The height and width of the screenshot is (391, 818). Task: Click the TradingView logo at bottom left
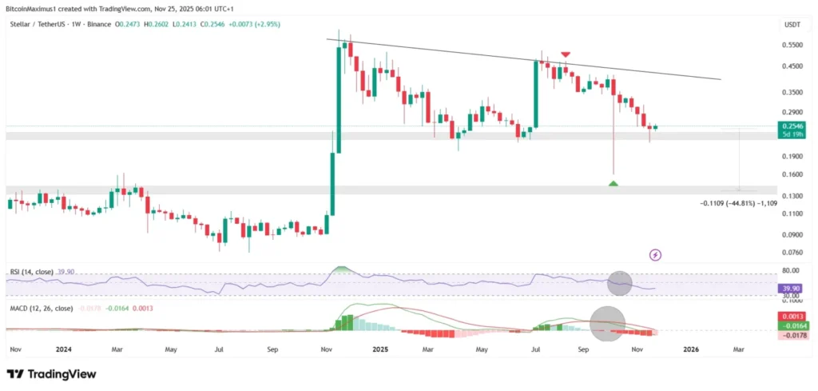click(51, 373)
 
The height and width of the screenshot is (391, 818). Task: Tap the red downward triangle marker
click(566, 54)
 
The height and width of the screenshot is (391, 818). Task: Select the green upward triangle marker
click(613, 183)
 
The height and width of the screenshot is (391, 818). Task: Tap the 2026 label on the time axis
click(691, 349)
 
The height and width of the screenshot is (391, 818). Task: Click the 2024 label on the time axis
click(64, 349)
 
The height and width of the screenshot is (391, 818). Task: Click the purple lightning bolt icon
click(656, 255)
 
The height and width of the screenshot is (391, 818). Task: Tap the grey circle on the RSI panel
click(619, 282)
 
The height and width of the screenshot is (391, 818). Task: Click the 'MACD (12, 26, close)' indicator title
click(41, 308)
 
